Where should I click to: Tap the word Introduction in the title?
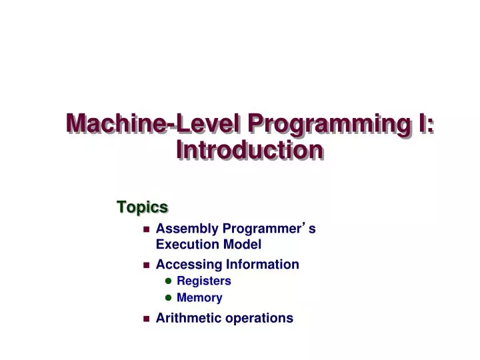(x=250, y=150)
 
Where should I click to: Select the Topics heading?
(x=142, y=207)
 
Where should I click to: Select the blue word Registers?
(x=204, y=281)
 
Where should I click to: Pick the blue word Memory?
(x=199, y=298)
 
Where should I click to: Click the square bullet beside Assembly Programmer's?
(x=146, y=229)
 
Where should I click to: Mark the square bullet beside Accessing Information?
(x=146, y=265)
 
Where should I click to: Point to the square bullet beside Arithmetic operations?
(x=146, y=319)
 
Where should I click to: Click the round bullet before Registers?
(x=168, y=281)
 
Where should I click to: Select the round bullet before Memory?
(x=168, y=298)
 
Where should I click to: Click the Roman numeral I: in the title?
(x=424, y=124)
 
